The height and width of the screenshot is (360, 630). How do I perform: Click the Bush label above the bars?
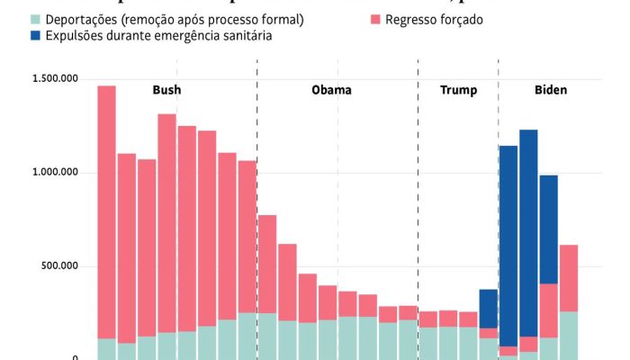(x=166, y=90)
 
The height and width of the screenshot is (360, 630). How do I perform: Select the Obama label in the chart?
(x=331, y=90)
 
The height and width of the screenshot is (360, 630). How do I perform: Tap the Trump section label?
(x=458, y=90)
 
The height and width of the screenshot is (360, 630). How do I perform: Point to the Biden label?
(x=552, y=90)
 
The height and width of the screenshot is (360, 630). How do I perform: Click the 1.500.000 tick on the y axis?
(x=54, y=79)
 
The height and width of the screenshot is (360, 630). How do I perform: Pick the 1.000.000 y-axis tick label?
(x=54, y=173)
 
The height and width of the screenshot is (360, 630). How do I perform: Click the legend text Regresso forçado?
(x=434, y=19)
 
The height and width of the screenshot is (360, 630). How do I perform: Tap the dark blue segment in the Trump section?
(x=488, y=309)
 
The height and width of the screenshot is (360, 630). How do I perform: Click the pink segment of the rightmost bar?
(x=569, y=278)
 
